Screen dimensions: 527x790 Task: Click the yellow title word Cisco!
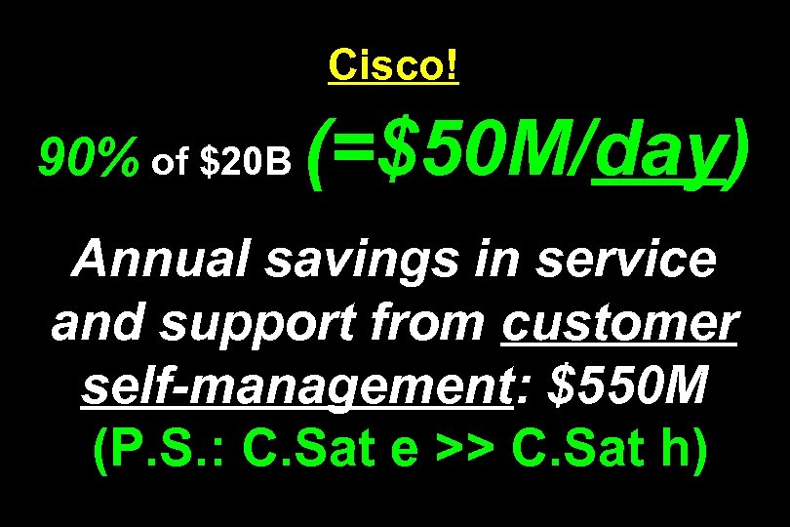394,65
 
